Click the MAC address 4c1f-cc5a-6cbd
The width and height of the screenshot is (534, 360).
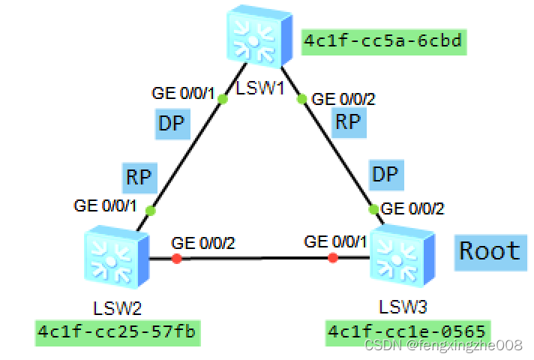click(383, 41)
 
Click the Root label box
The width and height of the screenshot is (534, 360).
click(490, 250)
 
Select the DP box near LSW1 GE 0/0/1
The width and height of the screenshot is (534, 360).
click(171, 123)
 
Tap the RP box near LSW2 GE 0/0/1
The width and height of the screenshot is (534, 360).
click(138, 177)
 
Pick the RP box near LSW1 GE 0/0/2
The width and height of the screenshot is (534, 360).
click(348, 122)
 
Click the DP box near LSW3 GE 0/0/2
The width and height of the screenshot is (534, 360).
click(385, 174)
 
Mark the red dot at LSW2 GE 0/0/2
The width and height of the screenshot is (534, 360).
click(176, 259)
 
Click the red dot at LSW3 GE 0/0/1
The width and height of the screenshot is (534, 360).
click(333, 258)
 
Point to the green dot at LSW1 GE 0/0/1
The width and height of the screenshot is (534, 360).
click(222, 98)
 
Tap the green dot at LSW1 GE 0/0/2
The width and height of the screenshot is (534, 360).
click(301, 98)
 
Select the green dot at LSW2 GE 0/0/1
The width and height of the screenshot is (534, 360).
click(150, 211)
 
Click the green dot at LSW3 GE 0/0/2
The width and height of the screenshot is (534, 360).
click(373, 209)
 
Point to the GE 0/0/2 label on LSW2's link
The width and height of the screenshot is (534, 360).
click(203, 243)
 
